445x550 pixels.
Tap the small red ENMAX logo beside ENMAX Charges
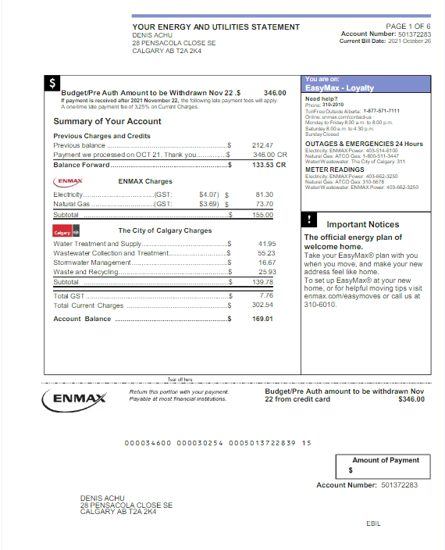point(69,180)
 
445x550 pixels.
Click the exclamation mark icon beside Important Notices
point(311,220)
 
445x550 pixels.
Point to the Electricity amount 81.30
point(264,194)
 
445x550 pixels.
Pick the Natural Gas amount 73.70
point(264,203)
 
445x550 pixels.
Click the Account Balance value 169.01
point(262,319)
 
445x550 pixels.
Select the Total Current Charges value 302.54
point(262,305)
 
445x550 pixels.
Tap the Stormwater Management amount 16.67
point(265,262)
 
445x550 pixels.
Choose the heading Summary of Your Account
point(107,122)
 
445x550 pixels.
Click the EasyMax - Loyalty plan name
point(340,88)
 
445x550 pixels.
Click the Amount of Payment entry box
point(383,470)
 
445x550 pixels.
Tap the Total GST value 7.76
point(265,296)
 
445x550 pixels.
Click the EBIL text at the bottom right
point(373,523)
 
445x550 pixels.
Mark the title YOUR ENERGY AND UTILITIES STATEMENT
point(215,27)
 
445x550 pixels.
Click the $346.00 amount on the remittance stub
point(411,399)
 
